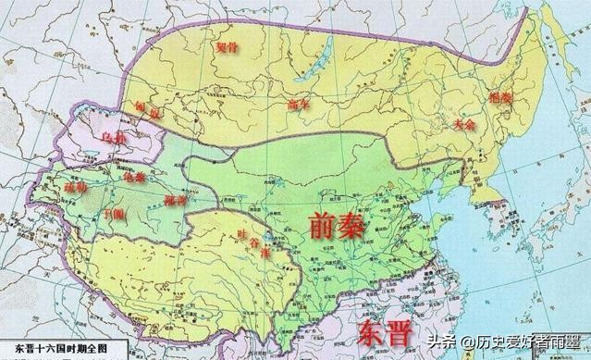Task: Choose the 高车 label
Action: pos(301,104)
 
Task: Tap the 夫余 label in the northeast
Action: pos(466,122)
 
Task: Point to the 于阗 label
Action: pos(90,212)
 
